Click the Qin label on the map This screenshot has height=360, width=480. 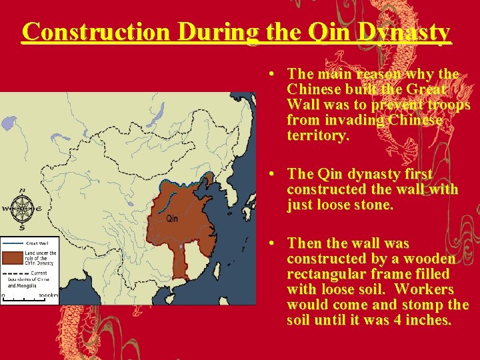tap(172, 218)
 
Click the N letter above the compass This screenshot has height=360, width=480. tap(23, 189)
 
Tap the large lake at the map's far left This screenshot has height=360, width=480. tap(9, 123)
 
